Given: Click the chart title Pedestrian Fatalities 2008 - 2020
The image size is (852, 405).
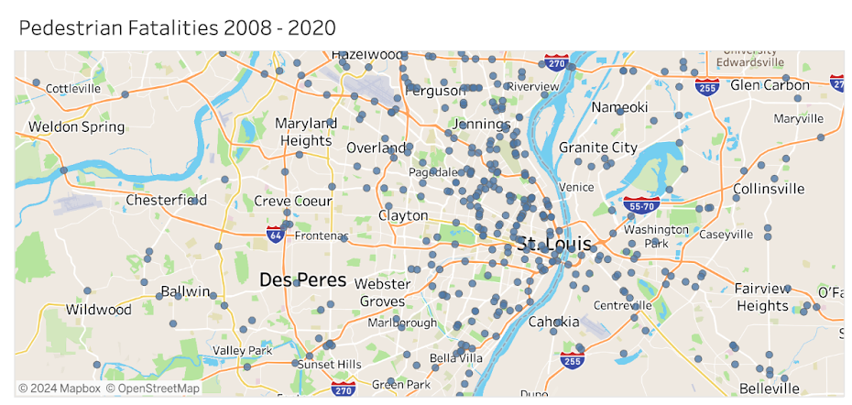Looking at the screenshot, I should (177, 27).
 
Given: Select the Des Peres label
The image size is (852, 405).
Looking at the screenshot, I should (302, 280).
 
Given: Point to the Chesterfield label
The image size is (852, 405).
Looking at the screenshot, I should (166, 200).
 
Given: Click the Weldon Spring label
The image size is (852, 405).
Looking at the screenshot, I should (76, 126).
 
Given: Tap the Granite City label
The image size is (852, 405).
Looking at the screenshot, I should (597, 148).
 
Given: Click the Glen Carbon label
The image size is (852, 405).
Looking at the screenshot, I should (770, 85).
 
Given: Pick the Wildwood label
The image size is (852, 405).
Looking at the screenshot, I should (98, 310).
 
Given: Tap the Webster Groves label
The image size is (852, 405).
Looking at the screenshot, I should (382, 292).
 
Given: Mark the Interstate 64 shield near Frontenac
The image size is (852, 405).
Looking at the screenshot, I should (275, 234).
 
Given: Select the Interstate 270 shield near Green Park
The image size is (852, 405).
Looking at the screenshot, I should (344, 390).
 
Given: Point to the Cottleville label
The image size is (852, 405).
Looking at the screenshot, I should (73, 89).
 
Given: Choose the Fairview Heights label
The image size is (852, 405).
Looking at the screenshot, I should (761, 297).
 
